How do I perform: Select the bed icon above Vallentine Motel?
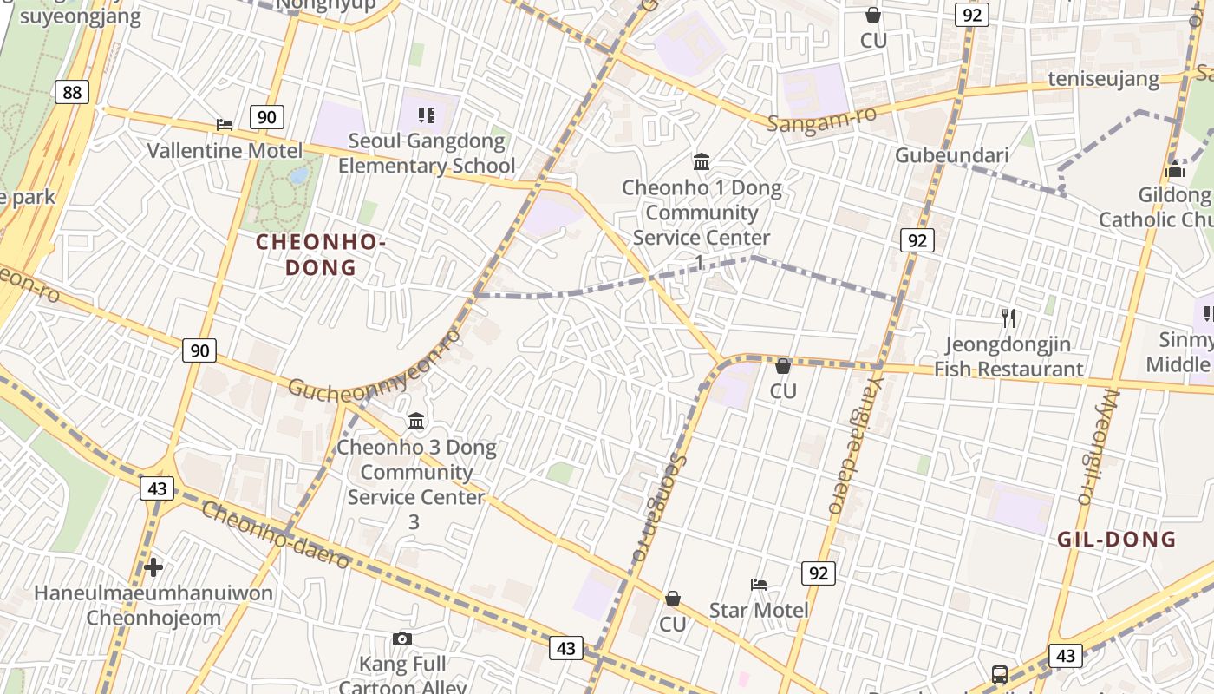coord(225,125)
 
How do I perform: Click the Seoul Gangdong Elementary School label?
coord(426,153)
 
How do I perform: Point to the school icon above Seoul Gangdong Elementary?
coord(426,115)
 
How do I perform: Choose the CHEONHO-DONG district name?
coord(321,254)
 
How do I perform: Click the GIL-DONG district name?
coord(1116,540)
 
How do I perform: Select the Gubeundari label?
coord(951,155)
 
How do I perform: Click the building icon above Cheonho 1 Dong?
coord(702,162)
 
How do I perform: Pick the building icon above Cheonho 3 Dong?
coord(416,422)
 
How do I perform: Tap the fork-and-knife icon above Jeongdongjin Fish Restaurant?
coord(1008,318)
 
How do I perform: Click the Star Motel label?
coord(759,610)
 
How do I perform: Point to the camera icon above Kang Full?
coord(402,639)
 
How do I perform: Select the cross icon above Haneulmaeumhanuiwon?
coord(153,568)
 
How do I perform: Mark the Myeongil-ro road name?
coord(1099,447)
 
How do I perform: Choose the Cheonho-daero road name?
coord(276,534)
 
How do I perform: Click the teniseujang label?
coord(1103,79)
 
